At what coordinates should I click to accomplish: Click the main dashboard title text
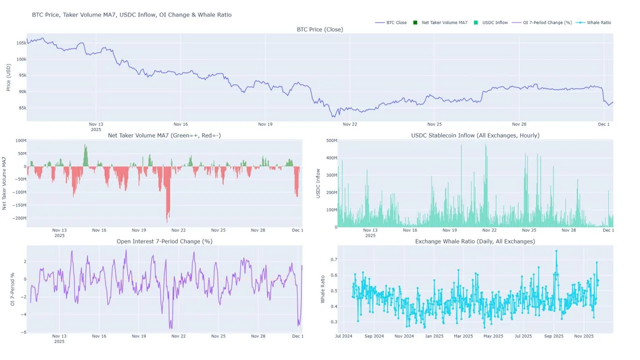pos(131,15)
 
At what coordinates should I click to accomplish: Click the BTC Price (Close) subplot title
pos(320,29)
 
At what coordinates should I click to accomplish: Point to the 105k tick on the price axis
pos(21,43)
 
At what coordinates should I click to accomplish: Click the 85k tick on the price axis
pos(21,108)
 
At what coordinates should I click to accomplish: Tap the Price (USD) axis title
pos(8,77)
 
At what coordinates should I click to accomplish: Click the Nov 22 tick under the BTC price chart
pos(350,124)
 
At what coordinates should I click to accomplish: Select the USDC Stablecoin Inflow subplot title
pos(475,135)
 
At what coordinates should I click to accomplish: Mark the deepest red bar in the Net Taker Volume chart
pos(167,220)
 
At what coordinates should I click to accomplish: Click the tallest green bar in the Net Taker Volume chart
pos(85,146)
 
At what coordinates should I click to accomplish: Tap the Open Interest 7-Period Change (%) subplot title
pos(164,241)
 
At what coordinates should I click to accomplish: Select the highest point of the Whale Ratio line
pos(556,251)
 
